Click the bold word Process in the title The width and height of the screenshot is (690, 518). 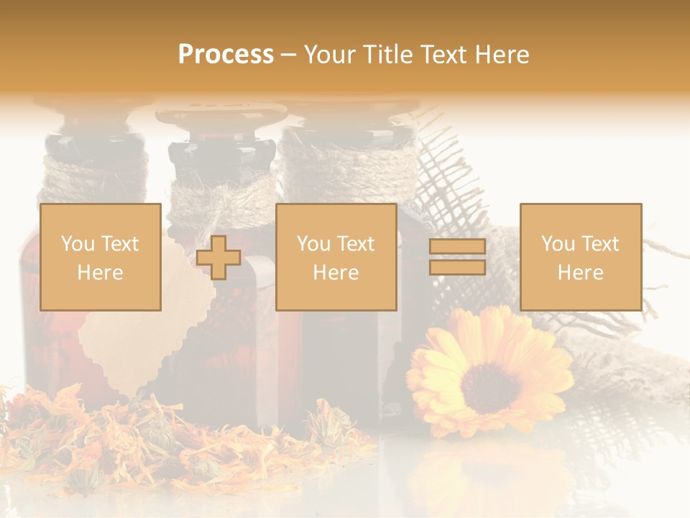(x=226, y=55)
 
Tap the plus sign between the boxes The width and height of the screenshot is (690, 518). (x=218, y=258)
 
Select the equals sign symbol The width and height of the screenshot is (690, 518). (x=457, y=258)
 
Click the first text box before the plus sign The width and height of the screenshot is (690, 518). (x=101, y=258)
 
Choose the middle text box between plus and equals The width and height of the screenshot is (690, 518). (x=336, y=258)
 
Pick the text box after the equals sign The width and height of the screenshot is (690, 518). (x=581, y=258)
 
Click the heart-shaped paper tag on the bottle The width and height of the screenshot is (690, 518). (x=126, y=338)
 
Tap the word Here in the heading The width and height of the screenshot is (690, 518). (x=502, y=55)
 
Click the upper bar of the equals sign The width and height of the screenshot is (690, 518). (x=457, y=247)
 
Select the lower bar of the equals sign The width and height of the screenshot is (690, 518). (x=457, y=268)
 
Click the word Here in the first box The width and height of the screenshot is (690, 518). (x=101, y=273)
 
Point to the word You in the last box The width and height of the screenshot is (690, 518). (x=558, y=244)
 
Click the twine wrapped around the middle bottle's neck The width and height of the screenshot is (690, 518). (x=223, y=194)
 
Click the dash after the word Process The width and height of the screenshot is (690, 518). (x=288, y=55)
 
